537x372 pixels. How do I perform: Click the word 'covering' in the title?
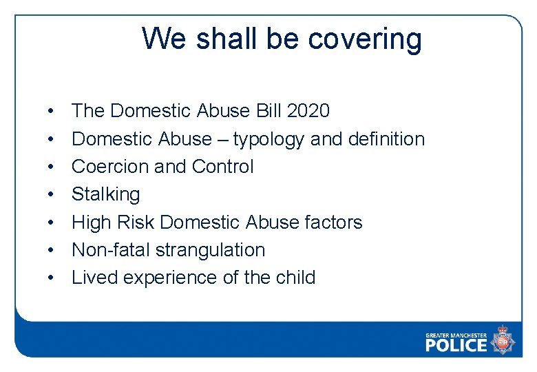[365, 39]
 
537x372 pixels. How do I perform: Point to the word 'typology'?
[268, 139]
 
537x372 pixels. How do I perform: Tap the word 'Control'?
[223, 167]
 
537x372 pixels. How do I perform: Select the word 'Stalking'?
[105, 194]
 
